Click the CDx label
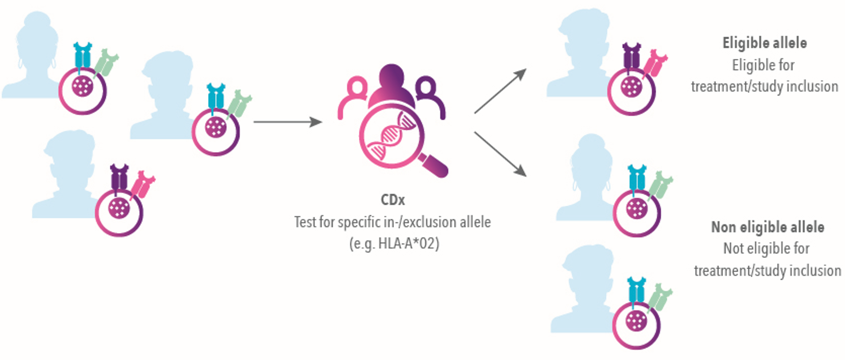click(393, 200)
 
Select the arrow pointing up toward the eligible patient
click(500, 91)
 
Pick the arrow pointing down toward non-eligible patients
click(500, 153)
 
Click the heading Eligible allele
click(764, 43)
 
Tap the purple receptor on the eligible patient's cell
click(632, 56)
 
